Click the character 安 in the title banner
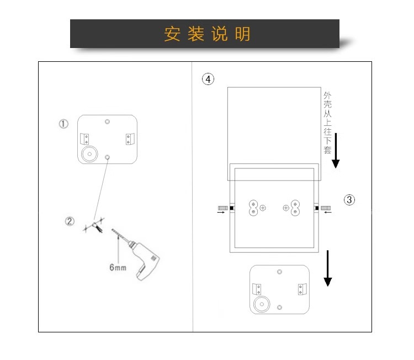[x=172, y=34]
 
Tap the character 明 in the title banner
[x=242, y=34]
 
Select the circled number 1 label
[x=64, y=124]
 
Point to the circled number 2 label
[x=70, y=222]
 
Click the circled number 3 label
[x=349, y=200]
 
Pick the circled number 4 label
[x=208, y=80]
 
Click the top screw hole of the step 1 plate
[x=108, y=121]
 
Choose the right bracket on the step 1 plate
[x=129, y=139]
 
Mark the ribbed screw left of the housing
[x=223, y=208]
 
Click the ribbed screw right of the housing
[x=326, y=208]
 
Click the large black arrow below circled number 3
[x=328, y=269]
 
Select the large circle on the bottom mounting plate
[x=260, y=304]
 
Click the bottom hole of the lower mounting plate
[x=280, y=306]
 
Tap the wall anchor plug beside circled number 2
[x=99, y=226]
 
